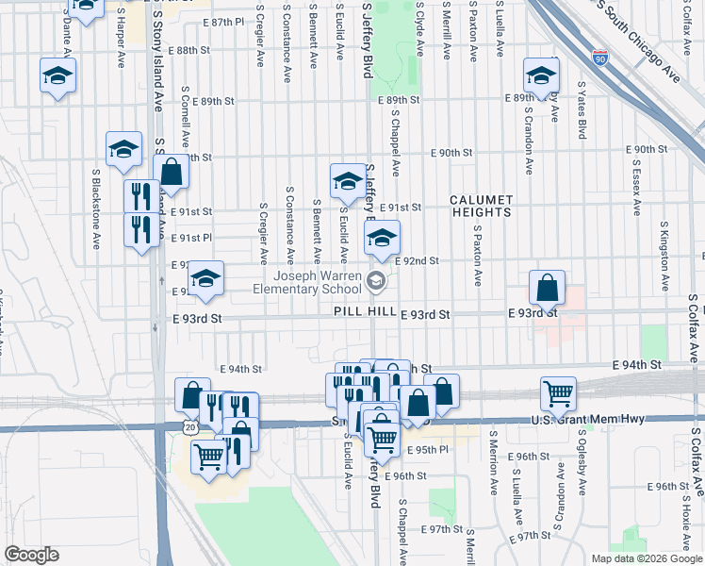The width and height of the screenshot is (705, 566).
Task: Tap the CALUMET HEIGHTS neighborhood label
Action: [x=481, y=206]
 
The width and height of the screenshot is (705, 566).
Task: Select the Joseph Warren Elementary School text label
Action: [x=317, y=282]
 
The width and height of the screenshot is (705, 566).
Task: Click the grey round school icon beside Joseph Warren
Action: [x=377, y=280]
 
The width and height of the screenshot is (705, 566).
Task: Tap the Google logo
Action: [x=31, y=555]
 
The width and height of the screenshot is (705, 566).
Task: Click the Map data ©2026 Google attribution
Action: [x=647, y=558]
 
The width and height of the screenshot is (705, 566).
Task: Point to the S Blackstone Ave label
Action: [x=96, y=209]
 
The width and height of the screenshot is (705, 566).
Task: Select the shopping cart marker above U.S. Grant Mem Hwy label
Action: [x=558, y=393]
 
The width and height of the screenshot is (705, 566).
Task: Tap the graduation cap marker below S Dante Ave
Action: [x=57, y=75]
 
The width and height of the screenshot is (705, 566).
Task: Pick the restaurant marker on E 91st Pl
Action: [x=140, y=230]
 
